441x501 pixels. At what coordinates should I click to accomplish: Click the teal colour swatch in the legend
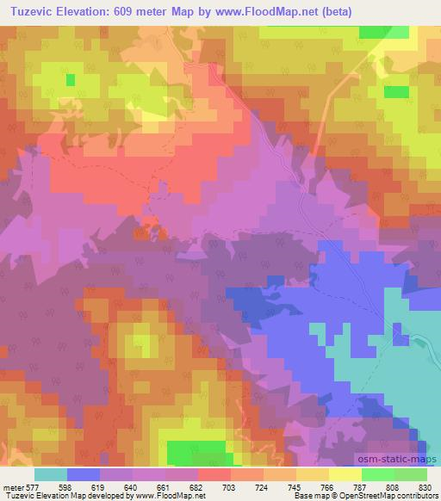point(50,473)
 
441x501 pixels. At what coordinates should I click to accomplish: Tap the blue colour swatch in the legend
point(83,473)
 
